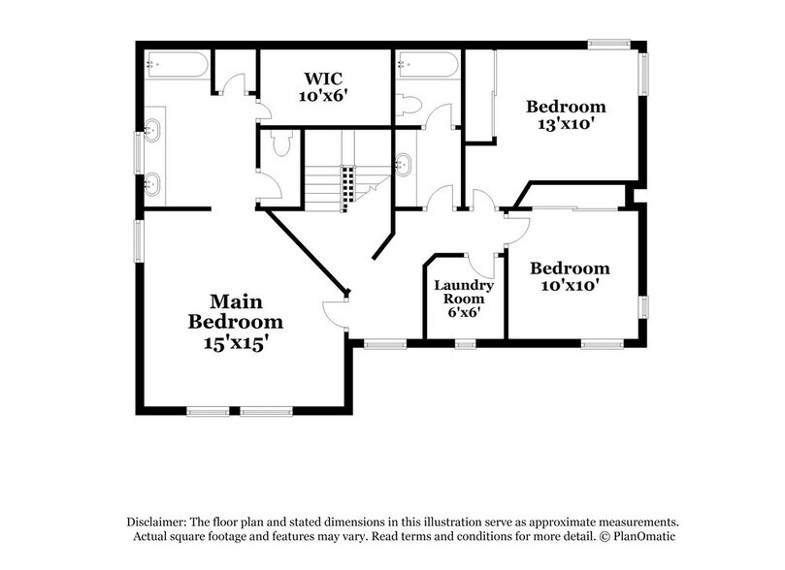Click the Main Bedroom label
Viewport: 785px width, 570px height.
click(x=236, y=311)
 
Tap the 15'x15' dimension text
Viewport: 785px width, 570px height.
click(x=236, y=341)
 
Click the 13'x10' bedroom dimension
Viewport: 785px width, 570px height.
click(x=566, y=124)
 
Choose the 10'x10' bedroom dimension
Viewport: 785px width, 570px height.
click(x=570, y=286)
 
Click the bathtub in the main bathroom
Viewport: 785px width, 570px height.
click(x=176, y=65)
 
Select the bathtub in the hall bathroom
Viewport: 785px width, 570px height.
click(x=428, y=65)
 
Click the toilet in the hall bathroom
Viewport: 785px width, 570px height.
click(x=409, y=105)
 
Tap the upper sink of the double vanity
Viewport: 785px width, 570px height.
click(x=152, y=130)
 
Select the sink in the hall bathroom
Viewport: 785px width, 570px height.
click(x=405, y=162)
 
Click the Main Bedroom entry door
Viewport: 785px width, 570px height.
click(x=335, y=312)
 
